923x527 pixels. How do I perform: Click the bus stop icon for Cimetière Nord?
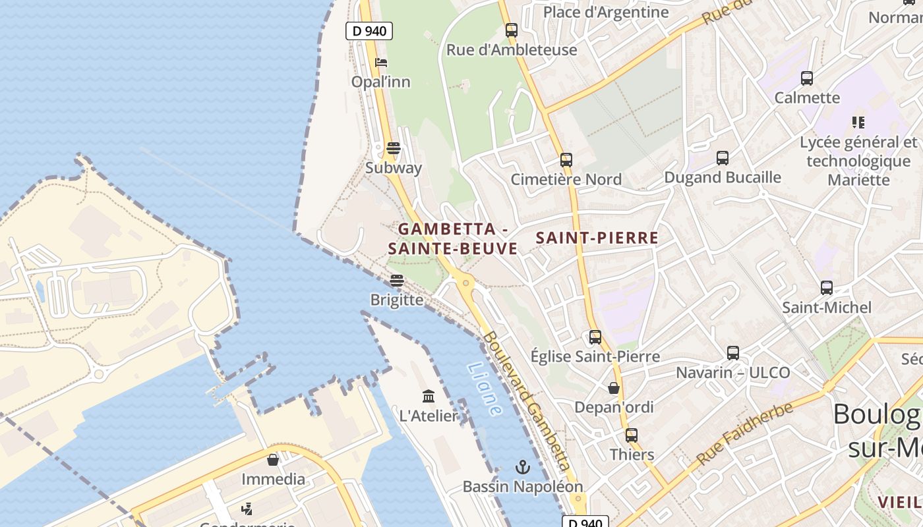(566, 160)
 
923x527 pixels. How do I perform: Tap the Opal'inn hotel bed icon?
(381, 63)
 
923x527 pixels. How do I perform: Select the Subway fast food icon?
(394, 148)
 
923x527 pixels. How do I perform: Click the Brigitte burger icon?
(396, 281)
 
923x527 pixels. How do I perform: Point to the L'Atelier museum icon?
(429, 396)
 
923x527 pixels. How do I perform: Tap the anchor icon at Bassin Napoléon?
(522, 467)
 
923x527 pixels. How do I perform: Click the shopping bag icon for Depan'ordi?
(614, 388)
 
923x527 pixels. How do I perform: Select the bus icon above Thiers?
(632, 435)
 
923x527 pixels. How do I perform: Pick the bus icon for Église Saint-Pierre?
(595, 337)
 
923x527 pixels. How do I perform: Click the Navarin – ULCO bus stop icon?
(733, 353)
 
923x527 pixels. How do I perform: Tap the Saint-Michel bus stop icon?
(827, 288)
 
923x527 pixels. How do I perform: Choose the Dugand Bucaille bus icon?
(723, 158)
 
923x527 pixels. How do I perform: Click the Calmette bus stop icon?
(807, 78)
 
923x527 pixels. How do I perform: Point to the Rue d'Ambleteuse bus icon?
(512, 30)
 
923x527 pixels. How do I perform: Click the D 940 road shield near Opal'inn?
(369, 30)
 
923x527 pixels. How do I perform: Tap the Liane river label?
(485, 389)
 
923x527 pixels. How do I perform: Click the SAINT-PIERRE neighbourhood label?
(597, 238)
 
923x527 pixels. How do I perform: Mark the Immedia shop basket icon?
(273, 460)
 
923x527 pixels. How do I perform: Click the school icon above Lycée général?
(858, 123)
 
